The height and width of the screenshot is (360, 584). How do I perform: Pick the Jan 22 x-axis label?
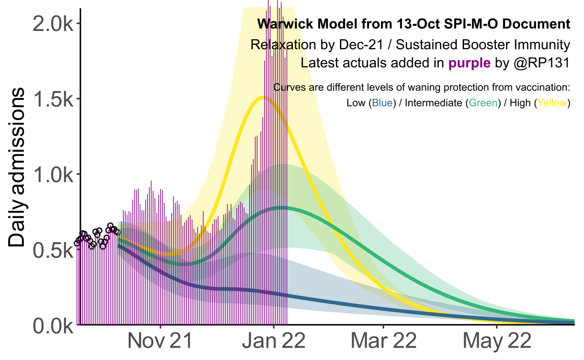point(273,341)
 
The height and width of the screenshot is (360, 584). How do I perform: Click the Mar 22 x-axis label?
point(383,341)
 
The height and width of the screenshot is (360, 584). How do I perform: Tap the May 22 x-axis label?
point(497,341)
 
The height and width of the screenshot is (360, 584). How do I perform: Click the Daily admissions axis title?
point(17,168)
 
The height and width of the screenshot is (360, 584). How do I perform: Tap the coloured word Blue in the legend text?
point(382,103)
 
